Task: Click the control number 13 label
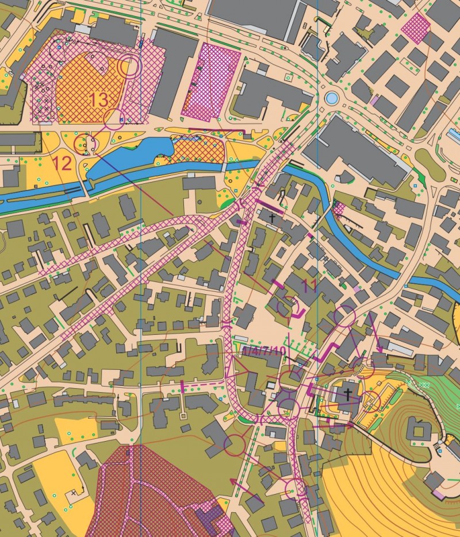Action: [98, 99]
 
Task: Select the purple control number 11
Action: [309, 284]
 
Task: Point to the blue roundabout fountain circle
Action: [331, 98]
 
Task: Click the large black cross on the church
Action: [347, 393]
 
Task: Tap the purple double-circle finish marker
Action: [129, 67]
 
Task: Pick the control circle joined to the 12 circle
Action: [114, 118]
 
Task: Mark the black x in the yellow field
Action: [74, 492]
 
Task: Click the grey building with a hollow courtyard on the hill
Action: [419, 430]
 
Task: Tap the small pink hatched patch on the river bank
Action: [339, 207]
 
